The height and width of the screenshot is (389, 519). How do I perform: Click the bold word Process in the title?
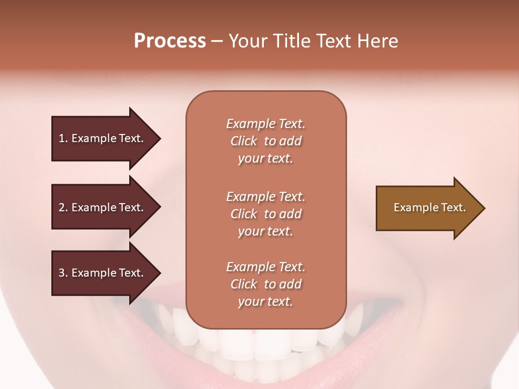(170, 41)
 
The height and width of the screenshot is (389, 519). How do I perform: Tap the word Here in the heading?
(377, 41)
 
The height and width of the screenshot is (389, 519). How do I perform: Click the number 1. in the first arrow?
(63, 138)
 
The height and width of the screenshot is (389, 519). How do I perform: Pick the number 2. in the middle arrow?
(63, 207)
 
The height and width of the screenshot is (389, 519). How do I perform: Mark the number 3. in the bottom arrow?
(63, 273)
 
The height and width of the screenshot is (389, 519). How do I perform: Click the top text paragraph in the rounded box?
(265, 141)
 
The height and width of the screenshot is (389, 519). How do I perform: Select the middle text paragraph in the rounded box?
(265, 214)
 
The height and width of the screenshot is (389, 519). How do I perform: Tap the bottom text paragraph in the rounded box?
(265, 284)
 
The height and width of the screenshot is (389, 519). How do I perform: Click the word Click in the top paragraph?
(244, 141)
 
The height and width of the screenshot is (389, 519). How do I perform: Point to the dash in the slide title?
(217, 41)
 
